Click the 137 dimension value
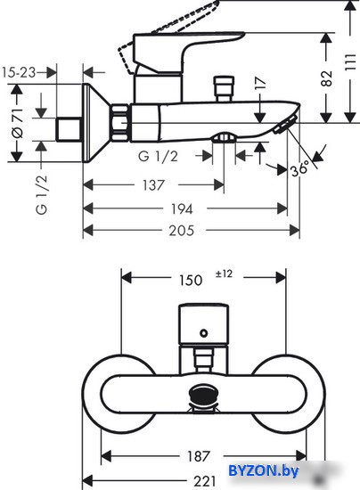153,185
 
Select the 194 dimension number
182,208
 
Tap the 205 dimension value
182,231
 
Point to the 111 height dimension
350,62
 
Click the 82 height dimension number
326,78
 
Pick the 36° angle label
299,169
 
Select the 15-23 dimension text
19,72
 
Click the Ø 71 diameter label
17,123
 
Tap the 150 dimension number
191,280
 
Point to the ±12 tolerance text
224,274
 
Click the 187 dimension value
198,456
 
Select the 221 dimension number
205,481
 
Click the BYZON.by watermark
264,470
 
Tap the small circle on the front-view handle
204,333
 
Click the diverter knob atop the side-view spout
224,89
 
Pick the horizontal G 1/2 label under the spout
158,156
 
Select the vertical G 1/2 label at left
42,194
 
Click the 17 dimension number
260,83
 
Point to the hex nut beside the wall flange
120,123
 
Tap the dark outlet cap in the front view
204,395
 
